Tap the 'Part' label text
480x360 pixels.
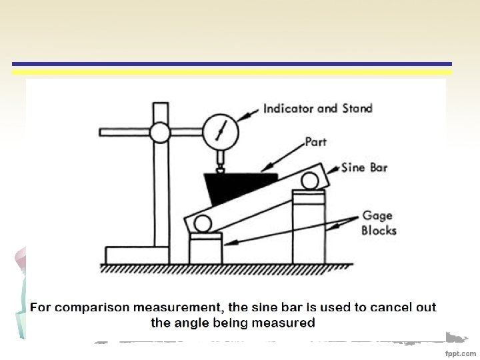315,142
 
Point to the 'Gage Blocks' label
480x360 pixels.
379,223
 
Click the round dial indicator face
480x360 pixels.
221,130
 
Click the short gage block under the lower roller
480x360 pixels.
205,248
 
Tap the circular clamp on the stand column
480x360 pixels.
160,133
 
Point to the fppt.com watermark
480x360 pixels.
461,351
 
